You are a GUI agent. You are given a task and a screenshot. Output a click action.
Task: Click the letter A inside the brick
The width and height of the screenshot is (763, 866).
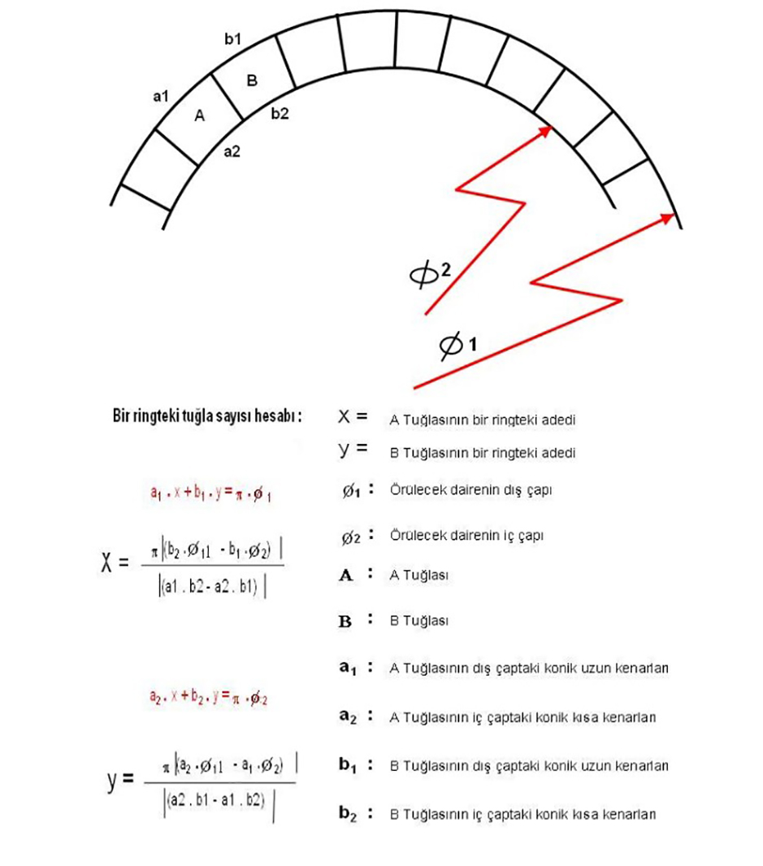(x=200, y=116)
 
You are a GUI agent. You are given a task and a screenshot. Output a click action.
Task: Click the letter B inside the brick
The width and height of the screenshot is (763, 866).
(x=251, y=81)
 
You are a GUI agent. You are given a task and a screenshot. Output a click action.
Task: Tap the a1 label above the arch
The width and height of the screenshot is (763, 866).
(x=160, y=96)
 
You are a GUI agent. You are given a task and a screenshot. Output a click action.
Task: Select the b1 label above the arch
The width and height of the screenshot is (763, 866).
(x=232, y=39)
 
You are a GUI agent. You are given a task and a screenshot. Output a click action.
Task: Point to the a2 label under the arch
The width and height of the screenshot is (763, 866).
(x=232, y=151)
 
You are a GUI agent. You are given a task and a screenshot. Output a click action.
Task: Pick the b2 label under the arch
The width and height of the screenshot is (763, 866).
(x=280, y=114)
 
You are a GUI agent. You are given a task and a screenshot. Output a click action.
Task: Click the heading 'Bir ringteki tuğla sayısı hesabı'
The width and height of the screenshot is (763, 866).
(x=207, y=416)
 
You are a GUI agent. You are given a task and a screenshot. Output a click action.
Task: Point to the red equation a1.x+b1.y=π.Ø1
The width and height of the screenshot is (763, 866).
(x=210, y=493)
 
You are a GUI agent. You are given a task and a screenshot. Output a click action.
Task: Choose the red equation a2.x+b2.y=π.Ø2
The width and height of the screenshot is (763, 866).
(x=210, y=697)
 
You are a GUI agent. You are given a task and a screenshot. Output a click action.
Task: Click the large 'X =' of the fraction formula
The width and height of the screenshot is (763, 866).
(x=114, y=564)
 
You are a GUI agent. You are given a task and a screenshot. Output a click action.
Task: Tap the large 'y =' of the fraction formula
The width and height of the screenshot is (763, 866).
(x=119, y=781)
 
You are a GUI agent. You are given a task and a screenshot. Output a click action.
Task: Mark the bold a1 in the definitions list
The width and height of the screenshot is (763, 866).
(x=348, y=668)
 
